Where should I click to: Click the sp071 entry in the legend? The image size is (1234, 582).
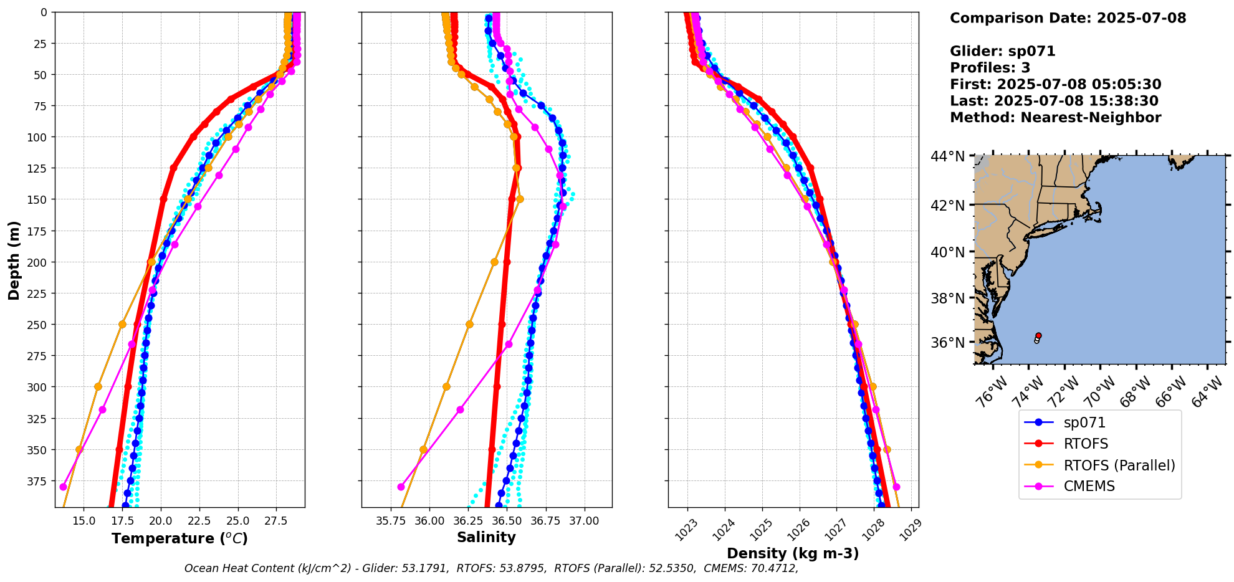click(x=1084, y=422)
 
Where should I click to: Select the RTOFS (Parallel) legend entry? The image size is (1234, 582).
click(x=1119, y=465)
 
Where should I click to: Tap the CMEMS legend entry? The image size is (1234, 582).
click(x=1089, y=486)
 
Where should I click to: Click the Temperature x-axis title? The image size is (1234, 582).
click(x=179, y=538)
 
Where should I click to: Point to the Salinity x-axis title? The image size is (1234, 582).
click(x=486, y=537)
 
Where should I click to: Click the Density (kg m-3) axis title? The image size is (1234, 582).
click(x=793, y=553)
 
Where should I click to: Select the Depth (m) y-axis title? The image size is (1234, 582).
click(x=14, y=260)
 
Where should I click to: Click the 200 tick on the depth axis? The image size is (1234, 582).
click(x=39, y=262)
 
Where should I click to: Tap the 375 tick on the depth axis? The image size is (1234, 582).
click(x=39, y=480)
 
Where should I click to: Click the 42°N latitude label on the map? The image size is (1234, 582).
click(x=948, y=206)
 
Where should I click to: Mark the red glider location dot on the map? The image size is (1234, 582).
click(x=1038, y=335)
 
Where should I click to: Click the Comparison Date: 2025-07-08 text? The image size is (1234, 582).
click(x=1068, y=18)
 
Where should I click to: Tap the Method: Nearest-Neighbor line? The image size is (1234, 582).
click(x=1055, y=118)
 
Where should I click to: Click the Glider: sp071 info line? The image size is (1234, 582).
click(x=1002, y=51)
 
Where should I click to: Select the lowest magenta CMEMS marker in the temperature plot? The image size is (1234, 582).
click(x=63, y=487)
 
